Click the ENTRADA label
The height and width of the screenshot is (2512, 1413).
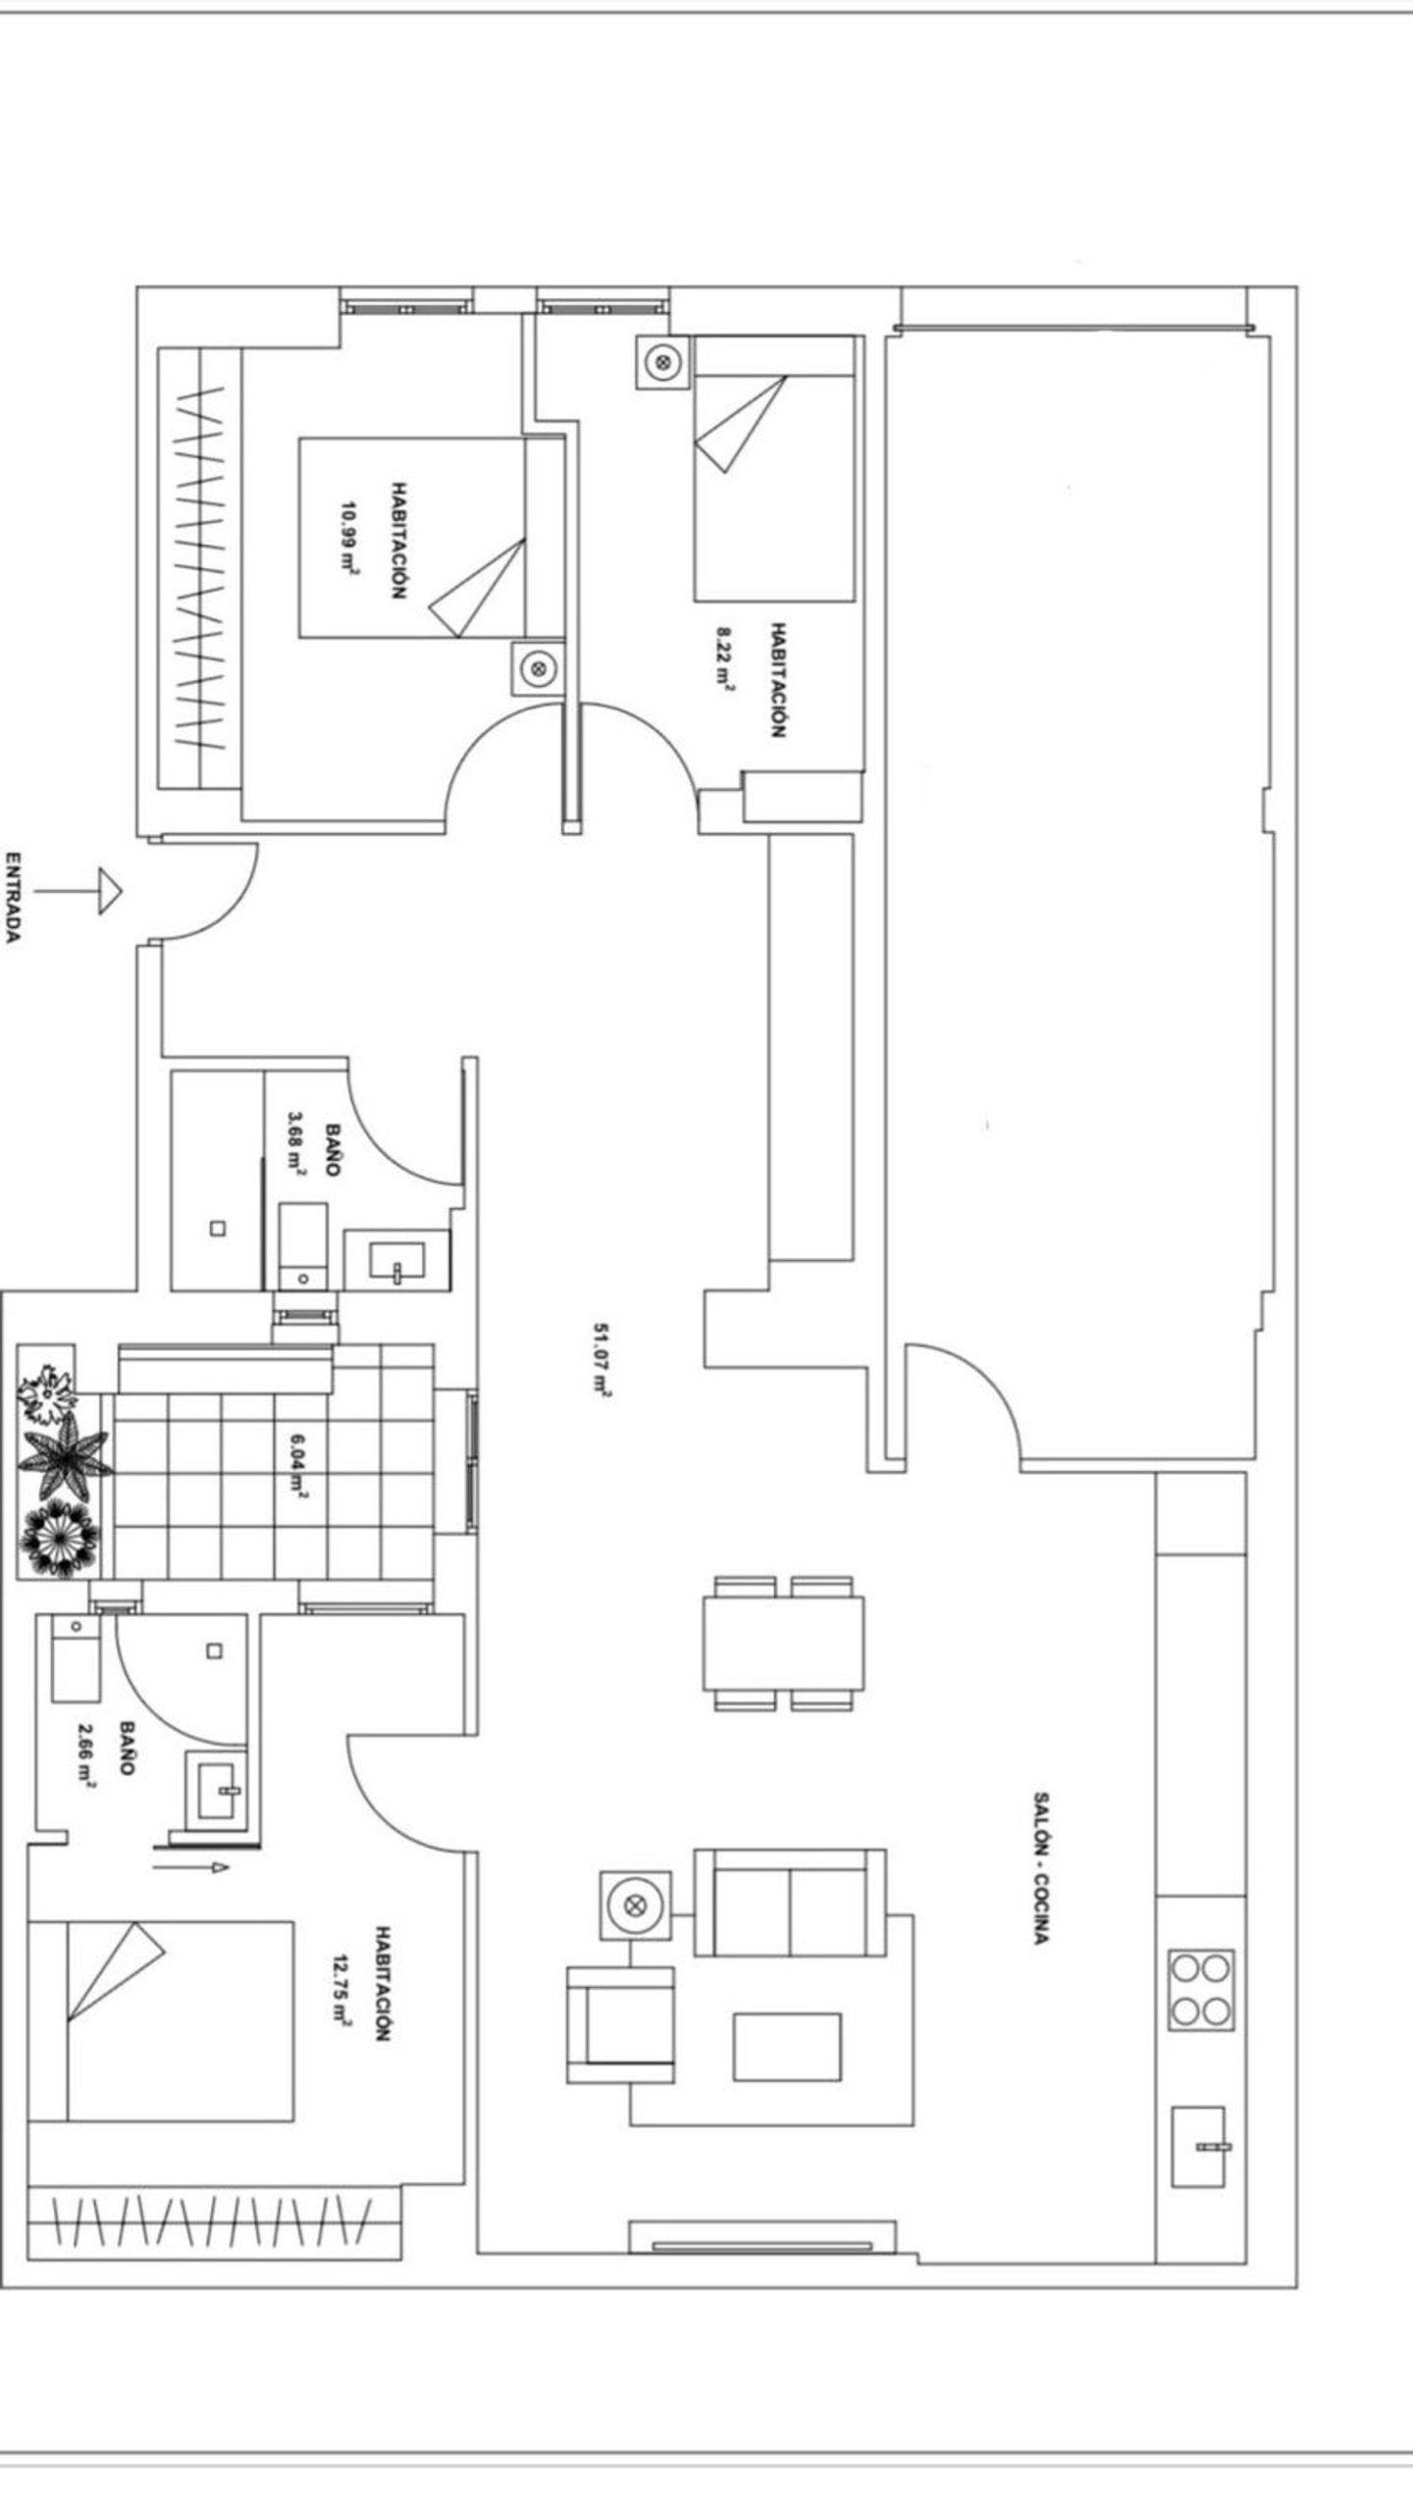coord(13,897)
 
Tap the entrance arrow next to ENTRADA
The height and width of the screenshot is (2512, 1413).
coord(78,892)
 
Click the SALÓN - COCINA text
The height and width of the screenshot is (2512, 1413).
coord(1042,1869)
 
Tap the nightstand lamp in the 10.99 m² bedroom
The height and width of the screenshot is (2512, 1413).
coord(537,669)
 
